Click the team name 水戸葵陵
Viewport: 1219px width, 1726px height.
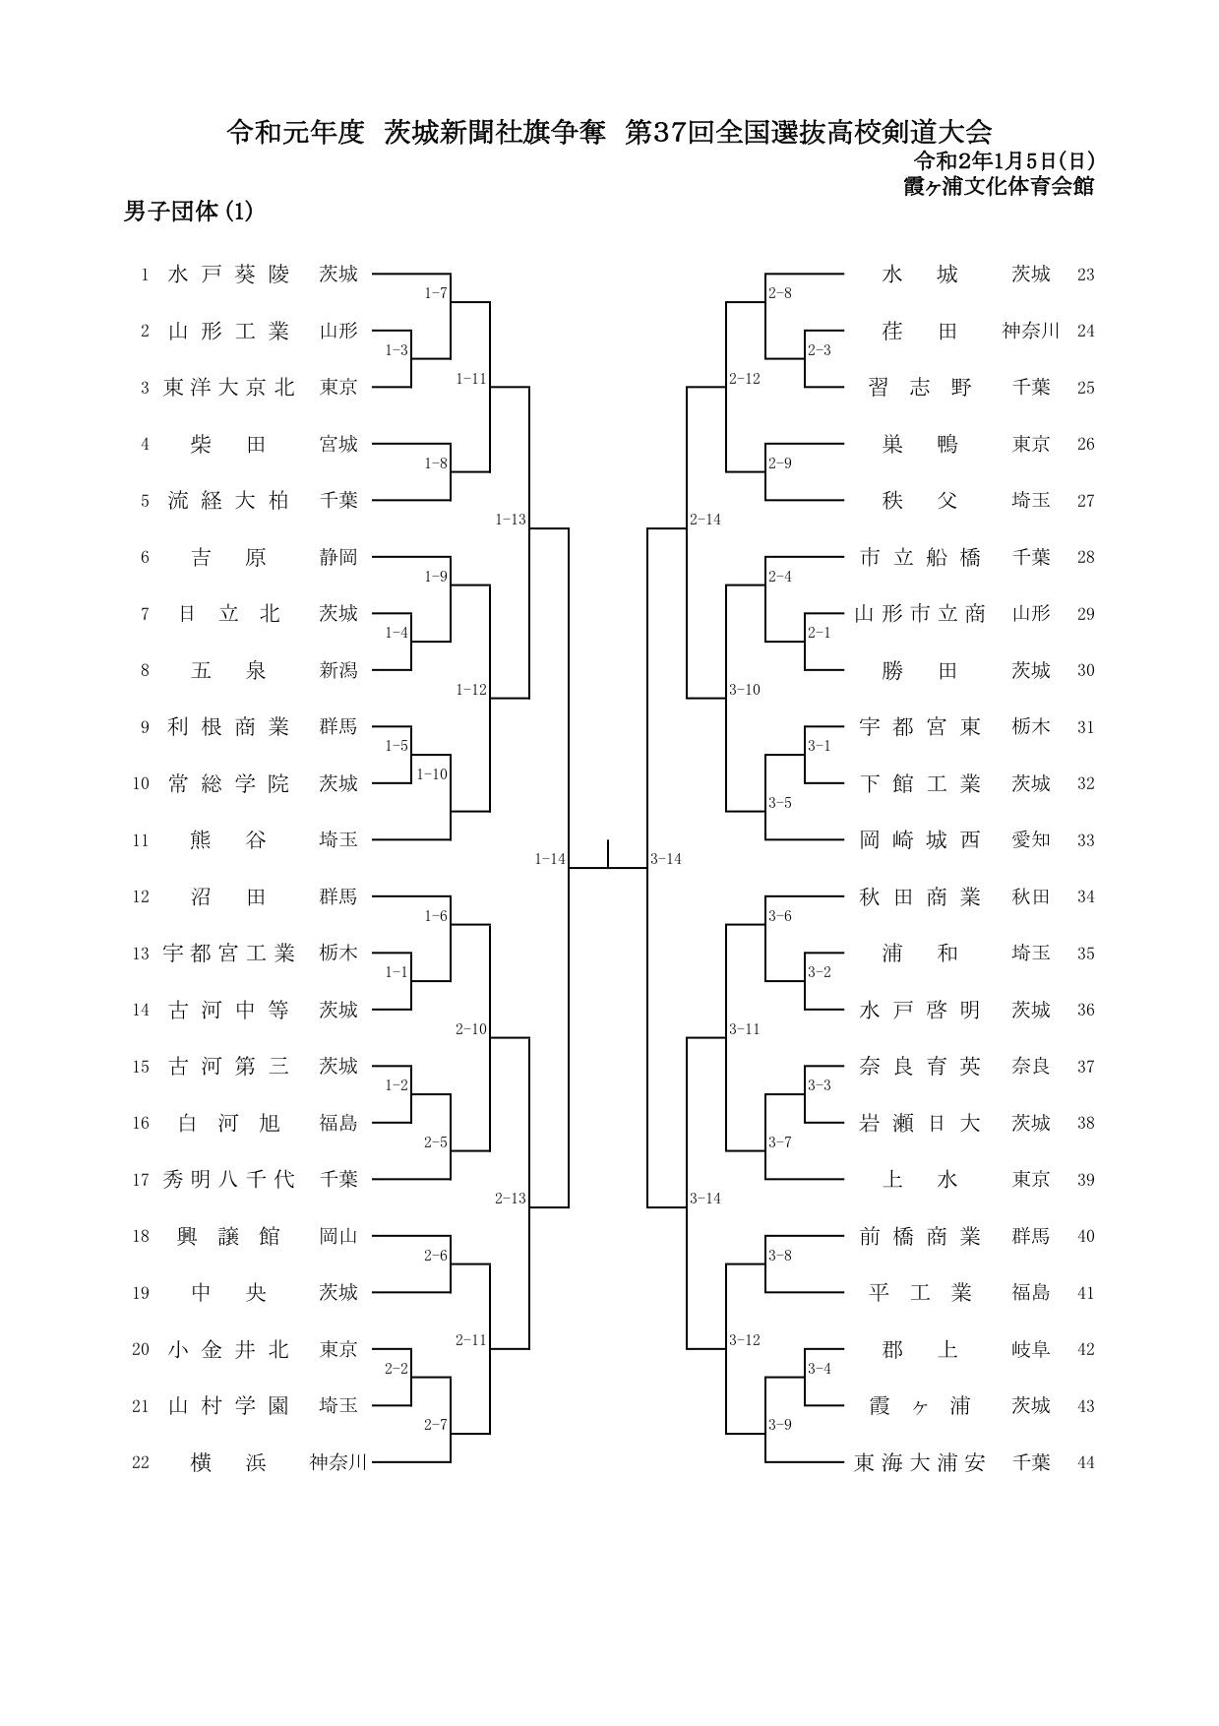(229, 275)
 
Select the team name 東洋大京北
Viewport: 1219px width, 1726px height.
(229, 388)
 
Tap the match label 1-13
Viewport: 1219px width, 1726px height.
(511, 520)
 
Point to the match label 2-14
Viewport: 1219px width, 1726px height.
(705, 520)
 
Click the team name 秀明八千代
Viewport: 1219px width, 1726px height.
(229, 1180)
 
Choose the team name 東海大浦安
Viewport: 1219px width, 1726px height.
(920, 1462)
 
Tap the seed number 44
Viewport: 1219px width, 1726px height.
(1086, 1463)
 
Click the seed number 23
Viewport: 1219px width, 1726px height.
(1086, 275)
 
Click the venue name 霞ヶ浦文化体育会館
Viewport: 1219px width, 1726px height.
(1000, 186)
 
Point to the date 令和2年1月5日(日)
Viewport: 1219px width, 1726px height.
(1005, 160)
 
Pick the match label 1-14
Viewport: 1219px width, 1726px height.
(550, 859)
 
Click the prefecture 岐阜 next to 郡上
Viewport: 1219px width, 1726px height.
(1031, 1349)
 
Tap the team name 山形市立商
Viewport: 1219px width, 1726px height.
(920, 614)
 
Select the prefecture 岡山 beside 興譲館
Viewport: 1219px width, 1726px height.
(338, 1236)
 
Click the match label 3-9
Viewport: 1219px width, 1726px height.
(780, 1424)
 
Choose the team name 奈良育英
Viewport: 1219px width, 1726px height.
(920, 1067)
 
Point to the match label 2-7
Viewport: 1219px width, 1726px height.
(436, 1424)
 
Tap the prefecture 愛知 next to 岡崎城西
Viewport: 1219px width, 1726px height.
(1031, 840)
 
